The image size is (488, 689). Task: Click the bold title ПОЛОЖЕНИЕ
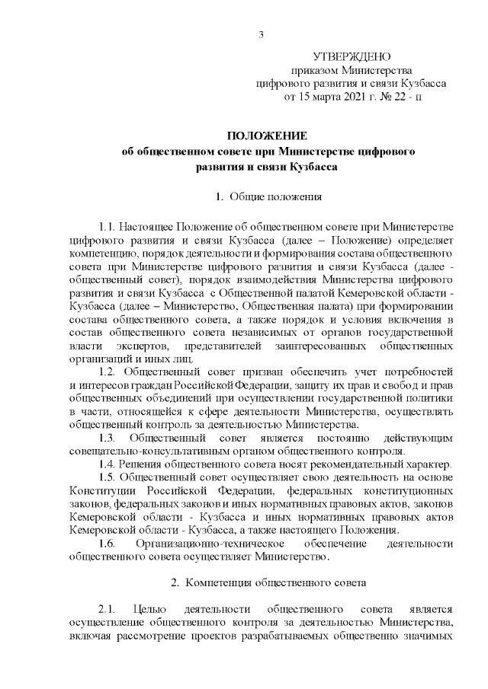[x=268, y=136]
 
